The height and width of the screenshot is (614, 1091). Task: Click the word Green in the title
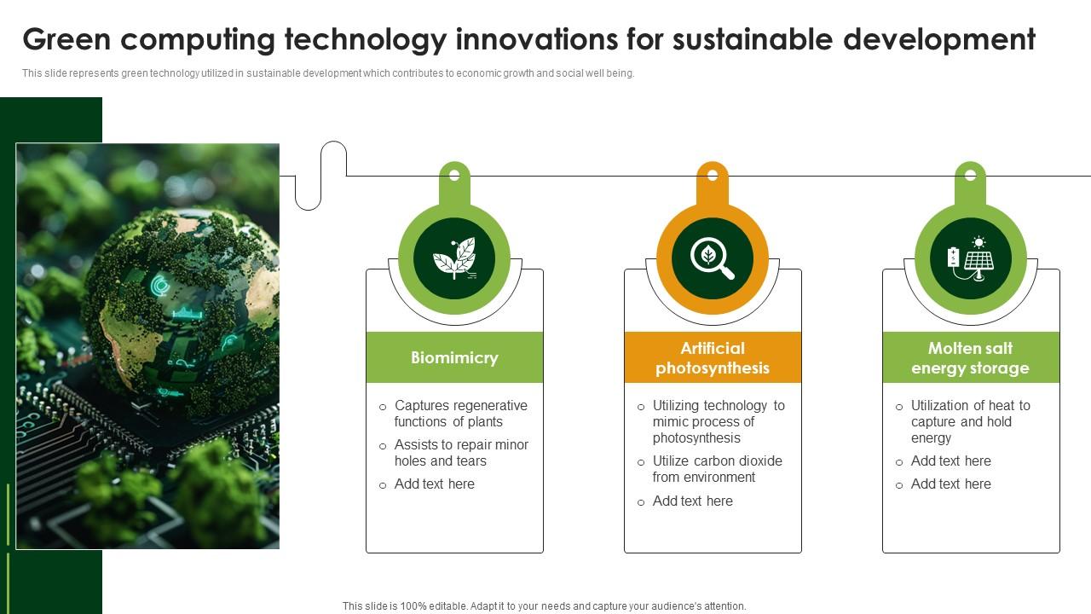[66, 39]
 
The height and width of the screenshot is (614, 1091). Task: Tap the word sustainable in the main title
[753, 39]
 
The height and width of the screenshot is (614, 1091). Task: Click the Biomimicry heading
[454, 357]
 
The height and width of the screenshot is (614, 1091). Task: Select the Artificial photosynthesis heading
[713, 358]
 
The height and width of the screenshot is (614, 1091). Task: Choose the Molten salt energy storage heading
[970, 358]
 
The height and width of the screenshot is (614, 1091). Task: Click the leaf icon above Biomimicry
[454, 258]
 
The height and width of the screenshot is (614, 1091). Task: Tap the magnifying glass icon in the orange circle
[713, 258]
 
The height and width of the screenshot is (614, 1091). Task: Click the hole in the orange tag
[713, 175]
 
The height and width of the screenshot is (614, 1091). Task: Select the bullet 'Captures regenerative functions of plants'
[461, 414]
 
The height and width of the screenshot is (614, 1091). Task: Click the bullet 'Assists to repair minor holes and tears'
[461, 453]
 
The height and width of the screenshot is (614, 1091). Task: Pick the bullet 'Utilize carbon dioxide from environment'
[718, 469]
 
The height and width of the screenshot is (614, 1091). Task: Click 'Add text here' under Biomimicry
[435, 484]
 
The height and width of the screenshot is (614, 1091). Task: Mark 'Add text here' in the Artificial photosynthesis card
[693, 501]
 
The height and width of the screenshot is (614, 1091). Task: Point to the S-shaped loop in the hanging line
[321, 176]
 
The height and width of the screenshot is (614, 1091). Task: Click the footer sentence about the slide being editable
[544, 606]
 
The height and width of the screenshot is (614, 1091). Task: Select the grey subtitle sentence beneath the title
[328, 73]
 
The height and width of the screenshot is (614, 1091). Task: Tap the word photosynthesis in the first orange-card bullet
[696, 438]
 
